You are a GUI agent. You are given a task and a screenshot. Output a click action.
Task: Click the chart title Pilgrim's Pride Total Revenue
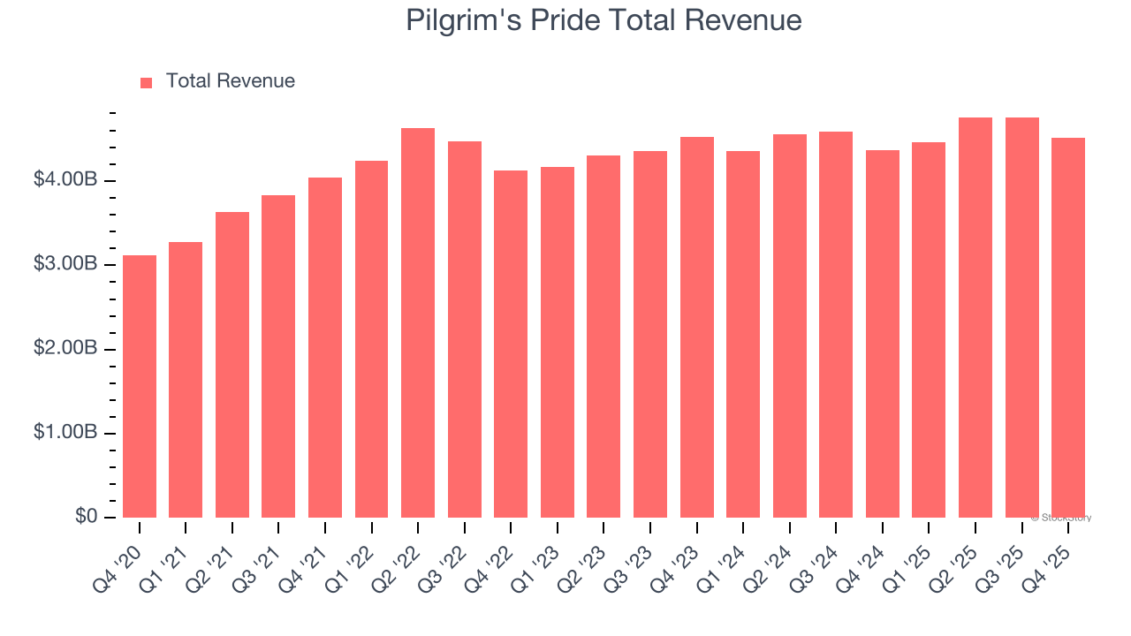click(603, 20)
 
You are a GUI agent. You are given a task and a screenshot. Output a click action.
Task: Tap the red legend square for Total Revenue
click(147, 82)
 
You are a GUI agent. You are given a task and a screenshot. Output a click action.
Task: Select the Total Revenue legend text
click(230, 81)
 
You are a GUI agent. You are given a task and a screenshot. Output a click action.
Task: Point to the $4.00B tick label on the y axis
click(66, 180)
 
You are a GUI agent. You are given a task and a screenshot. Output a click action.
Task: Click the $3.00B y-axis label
click(66, 265)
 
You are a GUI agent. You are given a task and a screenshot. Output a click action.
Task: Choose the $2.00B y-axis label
click(66, 349)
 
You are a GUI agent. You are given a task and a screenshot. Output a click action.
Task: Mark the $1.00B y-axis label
click(66, 433)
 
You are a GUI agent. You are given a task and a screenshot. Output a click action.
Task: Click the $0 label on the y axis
click(87, 517)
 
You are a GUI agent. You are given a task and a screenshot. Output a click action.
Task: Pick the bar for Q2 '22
click(418, 323)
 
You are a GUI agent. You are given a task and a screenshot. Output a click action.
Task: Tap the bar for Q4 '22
click(511, 344)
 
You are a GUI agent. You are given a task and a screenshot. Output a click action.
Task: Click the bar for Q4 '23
click(696, 328)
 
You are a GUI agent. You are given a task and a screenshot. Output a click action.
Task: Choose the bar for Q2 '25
click(975, 318)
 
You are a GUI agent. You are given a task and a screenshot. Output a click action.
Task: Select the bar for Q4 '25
click(1067, 328)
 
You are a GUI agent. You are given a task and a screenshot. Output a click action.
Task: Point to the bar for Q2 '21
click(232, 365)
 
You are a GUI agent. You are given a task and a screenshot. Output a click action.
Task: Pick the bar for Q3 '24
click(836, 325)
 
